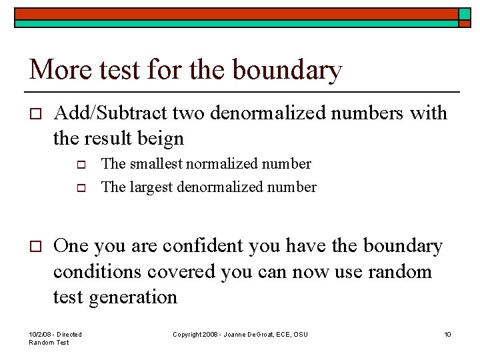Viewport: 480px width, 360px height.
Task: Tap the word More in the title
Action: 57,69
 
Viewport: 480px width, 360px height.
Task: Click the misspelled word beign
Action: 159,139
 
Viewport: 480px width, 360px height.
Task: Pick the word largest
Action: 149,187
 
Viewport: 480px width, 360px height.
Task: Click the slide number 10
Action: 447,334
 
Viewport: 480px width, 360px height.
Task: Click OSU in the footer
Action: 301,334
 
